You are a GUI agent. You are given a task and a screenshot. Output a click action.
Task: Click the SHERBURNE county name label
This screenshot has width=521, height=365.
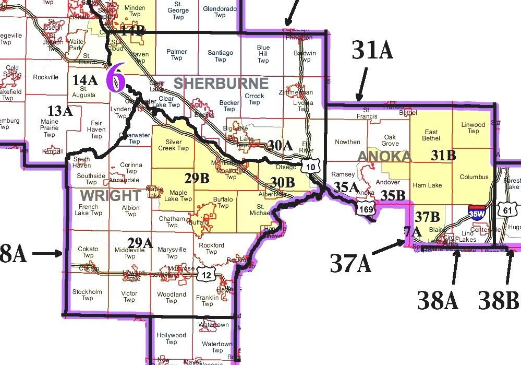pyautogui.click(x=221, y=83)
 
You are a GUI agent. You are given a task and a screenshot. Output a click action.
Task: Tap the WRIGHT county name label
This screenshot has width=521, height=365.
pyautogui.click(x=110, y=196)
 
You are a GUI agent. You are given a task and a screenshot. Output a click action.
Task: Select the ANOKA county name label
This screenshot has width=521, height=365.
pyautogui.click(x=384, y=157)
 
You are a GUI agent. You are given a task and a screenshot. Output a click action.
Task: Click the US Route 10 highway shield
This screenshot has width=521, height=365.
pyautogui.click(x=309, y=166)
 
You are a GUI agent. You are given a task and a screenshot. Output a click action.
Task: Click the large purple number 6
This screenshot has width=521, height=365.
pyautogui.click(x=116, y=79)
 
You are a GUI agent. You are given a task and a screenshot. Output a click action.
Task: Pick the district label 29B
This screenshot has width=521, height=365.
pyautogui.click(x=197, y=178)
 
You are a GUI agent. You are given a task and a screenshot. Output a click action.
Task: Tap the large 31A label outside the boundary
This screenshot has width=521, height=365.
pyautogui.click(x=372, y=51)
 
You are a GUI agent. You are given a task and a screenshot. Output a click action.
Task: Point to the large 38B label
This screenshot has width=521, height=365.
pyautogui.click(x=499, y=300)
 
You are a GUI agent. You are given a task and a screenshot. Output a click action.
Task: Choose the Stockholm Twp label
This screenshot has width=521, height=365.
pyautogui.click(x=87, y=295)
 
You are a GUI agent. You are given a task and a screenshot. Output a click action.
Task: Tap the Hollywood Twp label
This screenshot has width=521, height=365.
pyautogui.click(x=171, y=339)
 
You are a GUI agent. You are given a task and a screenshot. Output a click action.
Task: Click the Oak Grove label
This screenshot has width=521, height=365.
pyautogui.click(x=390, y=140)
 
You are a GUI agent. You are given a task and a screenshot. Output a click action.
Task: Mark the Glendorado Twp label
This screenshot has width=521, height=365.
pyautogui.click(x=220, y=12)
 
